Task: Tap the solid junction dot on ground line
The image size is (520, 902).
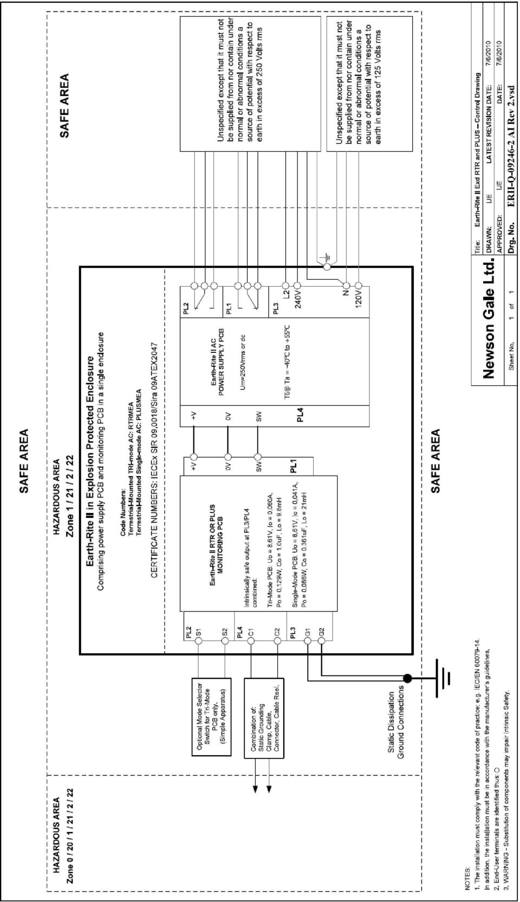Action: [407, 679]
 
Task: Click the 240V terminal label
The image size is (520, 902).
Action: [298, 300]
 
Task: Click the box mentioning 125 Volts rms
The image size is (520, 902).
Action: [369, 84]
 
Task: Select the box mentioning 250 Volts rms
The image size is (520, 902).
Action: [250, 84]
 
